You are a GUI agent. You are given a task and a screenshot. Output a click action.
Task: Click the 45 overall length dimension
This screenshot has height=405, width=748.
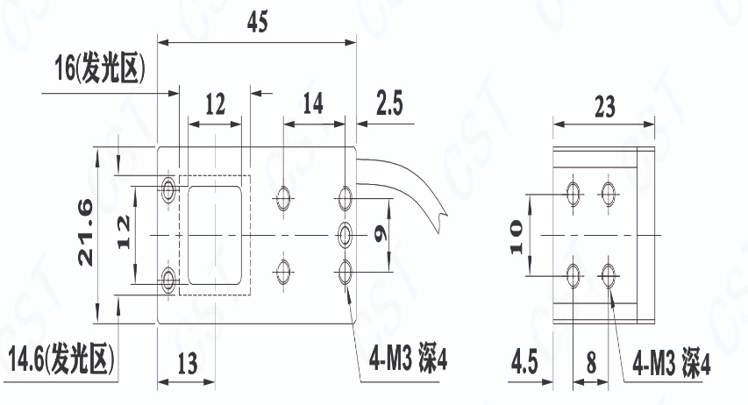(x=258, y=22)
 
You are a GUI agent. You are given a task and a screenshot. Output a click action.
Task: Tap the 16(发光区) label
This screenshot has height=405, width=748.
(x=100, y=67)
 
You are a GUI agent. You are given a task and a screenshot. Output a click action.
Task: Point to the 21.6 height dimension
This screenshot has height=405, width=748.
(x=86, y=232)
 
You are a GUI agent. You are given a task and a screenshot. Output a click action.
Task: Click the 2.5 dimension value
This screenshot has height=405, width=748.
(x=389, y=103)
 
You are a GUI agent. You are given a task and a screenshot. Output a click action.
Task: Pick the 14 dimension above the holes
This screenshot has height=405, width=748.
(x=313, y=103)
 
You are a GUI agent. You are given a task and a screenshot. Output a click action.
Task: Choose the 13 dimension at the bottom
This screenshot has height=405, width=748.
(x=187, y=365)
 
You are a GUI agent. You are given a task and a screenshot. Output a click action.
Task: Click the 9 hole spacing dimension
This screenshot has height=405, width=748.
(x=381, y=234)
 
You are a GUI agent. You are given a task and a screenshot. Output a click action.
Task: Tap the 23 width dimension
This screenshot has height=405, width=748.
(x=604, y=106)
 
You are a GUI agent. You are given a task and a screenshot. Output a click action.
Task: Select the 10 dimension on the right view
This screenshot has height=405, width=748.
(x=516, y=237)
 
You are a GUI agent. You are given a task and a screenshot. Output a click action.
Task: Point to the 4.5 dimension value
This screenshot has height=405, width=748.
(x=524, y=362)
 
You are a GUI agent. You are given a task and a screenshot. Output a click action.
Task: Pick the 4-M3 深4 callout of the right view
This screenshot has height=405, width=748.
(x=671, y=365)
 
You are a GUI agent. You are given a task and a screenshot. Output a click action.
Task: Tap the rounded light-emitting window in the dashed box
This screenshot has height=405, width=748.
(x=214, y=235)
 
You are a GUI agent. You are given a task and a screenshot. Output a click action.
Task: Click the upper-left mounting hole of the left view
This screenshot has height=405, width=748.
(x=167, y=190)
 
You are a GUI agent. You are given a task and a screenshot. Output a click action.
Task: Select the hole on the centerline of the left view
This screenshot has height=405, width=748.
(x=345, y=235)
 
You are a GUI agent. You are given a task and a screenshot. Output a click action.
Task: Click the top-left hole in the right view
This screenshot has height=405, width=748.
(x=573, y=193)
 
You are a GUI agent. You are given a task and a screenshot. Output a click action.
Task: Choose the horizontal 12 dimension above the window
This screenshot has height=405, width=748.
(x=215, y=104)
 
